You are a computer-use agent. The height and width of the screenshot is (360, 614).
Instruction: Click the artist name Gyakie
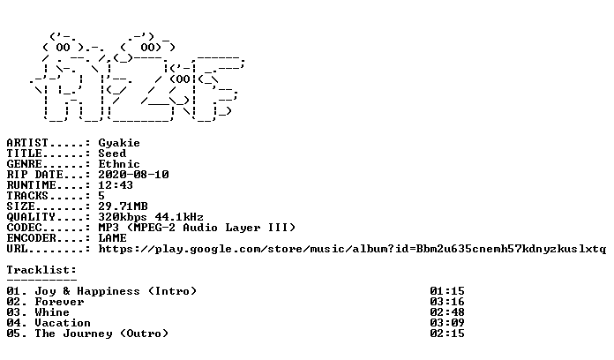coord(119,143)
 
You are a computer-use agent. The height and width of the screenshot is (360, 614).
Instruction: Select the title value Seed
coord(112,154)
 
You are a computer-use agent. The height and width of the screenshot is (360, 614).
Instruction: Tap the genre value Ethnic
coord(119,164)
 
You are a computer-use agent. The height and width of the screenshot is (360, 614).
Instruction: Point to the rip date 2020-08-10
coord(133,175)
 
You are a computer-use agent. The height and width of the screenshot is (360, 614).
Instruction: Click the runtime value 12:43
coord(116,185)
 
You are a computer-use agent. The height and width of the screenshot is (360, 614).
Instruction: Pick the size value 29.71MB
coord(123,206)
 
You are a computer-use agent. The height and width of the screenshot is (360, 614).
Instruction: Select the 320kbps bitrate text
coord(123,217)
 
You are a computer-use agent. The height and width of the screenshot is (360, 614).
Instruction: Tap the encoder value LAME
coord(112,237)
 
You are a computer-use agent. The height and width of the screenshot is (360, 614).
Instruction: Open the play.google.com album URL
coord(352,249)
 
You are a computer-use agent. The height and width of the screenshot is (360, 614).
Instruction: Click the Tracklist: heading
coord(41,269)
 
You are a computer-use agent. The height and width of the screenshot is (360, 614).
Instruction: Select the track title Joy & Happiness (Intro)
coord(116,291)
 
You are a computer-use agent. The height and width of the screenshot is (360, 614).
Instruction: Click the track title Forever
coord(59,302)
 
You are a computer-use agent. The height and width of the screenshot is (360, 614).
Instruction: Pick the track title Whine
coord(52,312)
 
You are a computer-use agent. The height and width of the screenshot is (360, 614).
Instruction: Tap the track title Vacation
coord(63,323)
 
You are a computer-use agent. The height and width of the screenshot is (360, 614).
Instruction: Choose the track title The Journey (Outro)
coord(101,334)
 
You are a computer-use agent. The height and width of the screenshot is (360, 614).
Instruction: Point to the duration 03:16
coord(446,302)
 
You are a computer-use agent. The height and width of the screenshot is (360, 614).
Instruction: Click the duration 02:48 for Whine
coord(446,312)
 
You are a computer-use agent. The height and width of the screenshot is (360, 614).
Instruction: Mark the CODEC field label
coord(25,227)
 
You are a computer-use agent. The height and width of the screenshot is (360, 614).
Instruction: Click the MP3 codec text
coord(109,227)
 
